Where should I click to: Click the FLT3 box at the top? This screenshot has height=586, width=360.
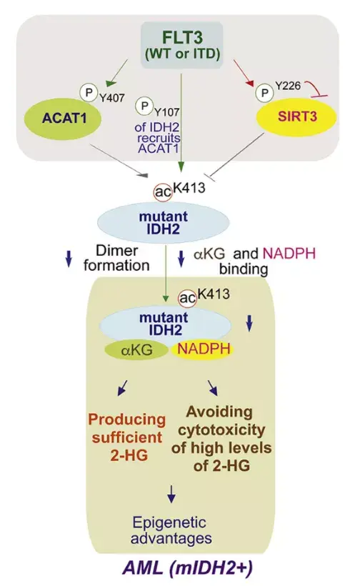pos(181,45)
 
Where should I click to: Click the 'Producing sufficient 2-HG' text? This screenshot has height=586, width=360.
pos(124,437)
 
